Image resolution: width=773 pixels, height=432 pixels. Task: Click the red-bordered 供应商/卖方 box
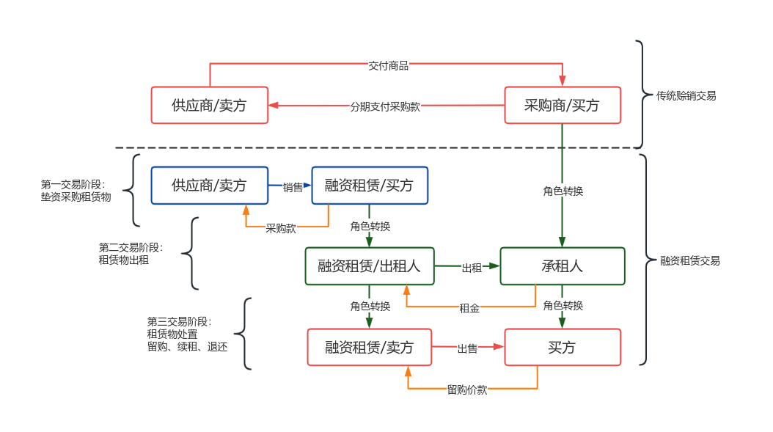[x=209, y=106]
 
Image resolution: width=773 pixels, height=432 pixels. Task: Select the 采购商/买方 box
[x=562, y=106]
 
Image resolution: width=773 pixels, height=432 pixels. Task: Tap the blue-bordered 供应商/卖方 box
[x=209, y=186]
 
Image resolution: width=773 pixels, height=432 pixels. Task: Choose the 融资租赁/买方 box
[x=369, y=186]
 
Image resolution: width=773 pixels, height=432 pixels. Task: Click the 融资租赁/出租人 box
[x=369, y=266]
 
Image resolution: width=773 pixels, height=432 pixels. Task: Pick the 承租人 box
[x=562, y=266]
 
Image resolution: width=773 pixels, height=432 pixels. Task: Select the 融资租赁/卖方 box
[x=369, y=347]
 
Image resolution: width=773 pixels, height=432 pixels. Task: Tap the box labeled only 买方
[x=562, y=347]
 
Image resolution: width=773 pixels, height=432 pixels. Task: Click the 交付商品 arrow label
[x=388, y=65]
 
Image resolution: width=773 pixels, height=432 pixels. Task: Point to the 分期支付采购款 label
[x=385, y=106]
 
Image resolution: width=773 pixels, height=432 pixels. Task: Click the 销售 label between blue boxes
[x=293, y=187]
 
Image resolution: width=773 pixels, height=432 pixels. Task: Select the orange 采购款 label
[x=281, y=228]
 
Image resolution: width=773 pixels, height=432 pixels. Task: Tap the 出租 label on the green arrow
[x=471, y=268]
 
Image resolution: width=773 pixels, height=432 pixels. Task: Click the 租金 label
[x=469, y=308]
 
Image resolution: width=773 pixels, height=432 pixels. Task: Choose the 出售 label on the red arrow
[x=467, y=348]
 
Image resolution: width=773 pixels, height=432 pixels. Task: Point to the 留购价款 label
[x=467, y=389]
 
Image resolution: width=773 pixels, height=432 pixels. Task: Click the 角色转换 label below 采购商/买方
[x=563, y=191]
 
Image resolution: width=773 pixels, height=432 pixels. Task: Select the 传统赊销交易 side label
[x=686, y=95]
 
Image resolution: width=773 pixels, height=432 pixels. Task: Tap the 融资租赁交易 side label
[x=689, y=260]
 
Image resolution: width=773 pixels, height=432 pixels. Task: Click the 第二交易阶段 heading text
[x=131, y=248]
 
